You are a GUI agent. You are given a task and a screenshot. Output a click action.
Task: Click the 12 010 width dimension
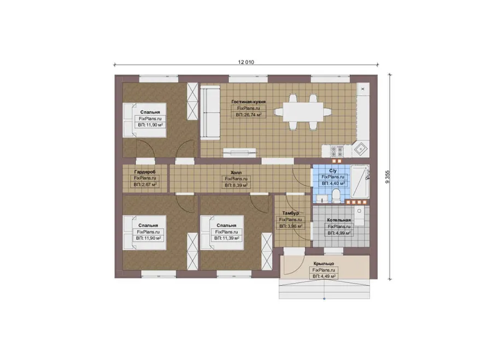click(x=246, y=62)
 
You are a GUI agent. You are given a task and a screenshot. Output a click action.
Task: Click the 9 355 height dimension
click(x=387, y=177)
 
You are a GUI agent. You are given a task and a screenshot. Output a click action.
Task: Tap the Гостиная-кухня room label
click(x=249, y=102)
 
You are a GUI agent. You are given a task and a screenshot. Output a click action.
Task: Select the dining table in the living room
click(x=303, y=112)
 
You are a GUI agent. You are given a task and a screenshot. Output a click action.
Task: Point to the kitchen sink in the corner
click(x=361, y=149)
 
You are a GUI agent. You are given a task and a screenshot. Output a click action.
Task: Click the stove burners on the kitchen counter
click(x=337, y=151)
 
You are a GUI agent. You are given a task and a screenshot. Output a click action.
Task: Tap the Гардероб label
click(x=145, y=172)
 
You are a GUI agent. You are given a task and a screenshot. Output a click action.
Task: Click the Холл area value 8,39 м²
click(x=236, y=185)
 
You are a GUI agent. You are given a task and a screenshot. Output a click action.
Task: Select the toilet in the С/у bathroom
click(x=336, y=196)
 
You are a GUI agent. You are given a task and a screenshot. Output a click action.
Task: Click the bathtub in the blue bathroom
click(x=360, y=181)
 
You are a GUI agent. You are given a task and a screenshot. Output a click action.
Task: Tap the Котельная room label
click(x=339, y=220)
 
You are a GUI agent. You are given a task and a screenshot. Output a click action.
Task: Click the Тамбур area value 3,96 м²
click(x=291, y=226)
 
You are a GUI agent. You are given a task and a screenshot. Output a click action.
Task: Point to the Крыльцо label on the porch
click(x=324, y=264)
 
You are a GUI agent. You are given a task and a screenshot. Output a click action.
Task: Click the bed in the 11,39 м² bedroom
click(x=222, y=232)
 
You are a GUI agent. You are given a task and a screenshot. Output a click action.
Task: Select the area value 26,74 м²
click(x=249, y=115)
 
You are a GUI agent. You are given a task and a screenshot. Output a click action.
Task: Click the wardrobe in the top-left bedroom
click(x=192, y=101)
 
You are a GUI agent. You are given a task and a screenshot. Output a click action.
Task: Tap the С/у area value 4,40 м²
click(x=333, y=184)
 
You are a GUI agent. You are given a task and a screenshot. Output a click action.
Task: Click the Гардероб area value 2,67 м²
click(x=145, y=185)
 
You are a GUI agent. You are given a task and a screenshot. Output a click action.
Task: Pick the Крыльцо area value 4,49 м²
click(x=324, y=276)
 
